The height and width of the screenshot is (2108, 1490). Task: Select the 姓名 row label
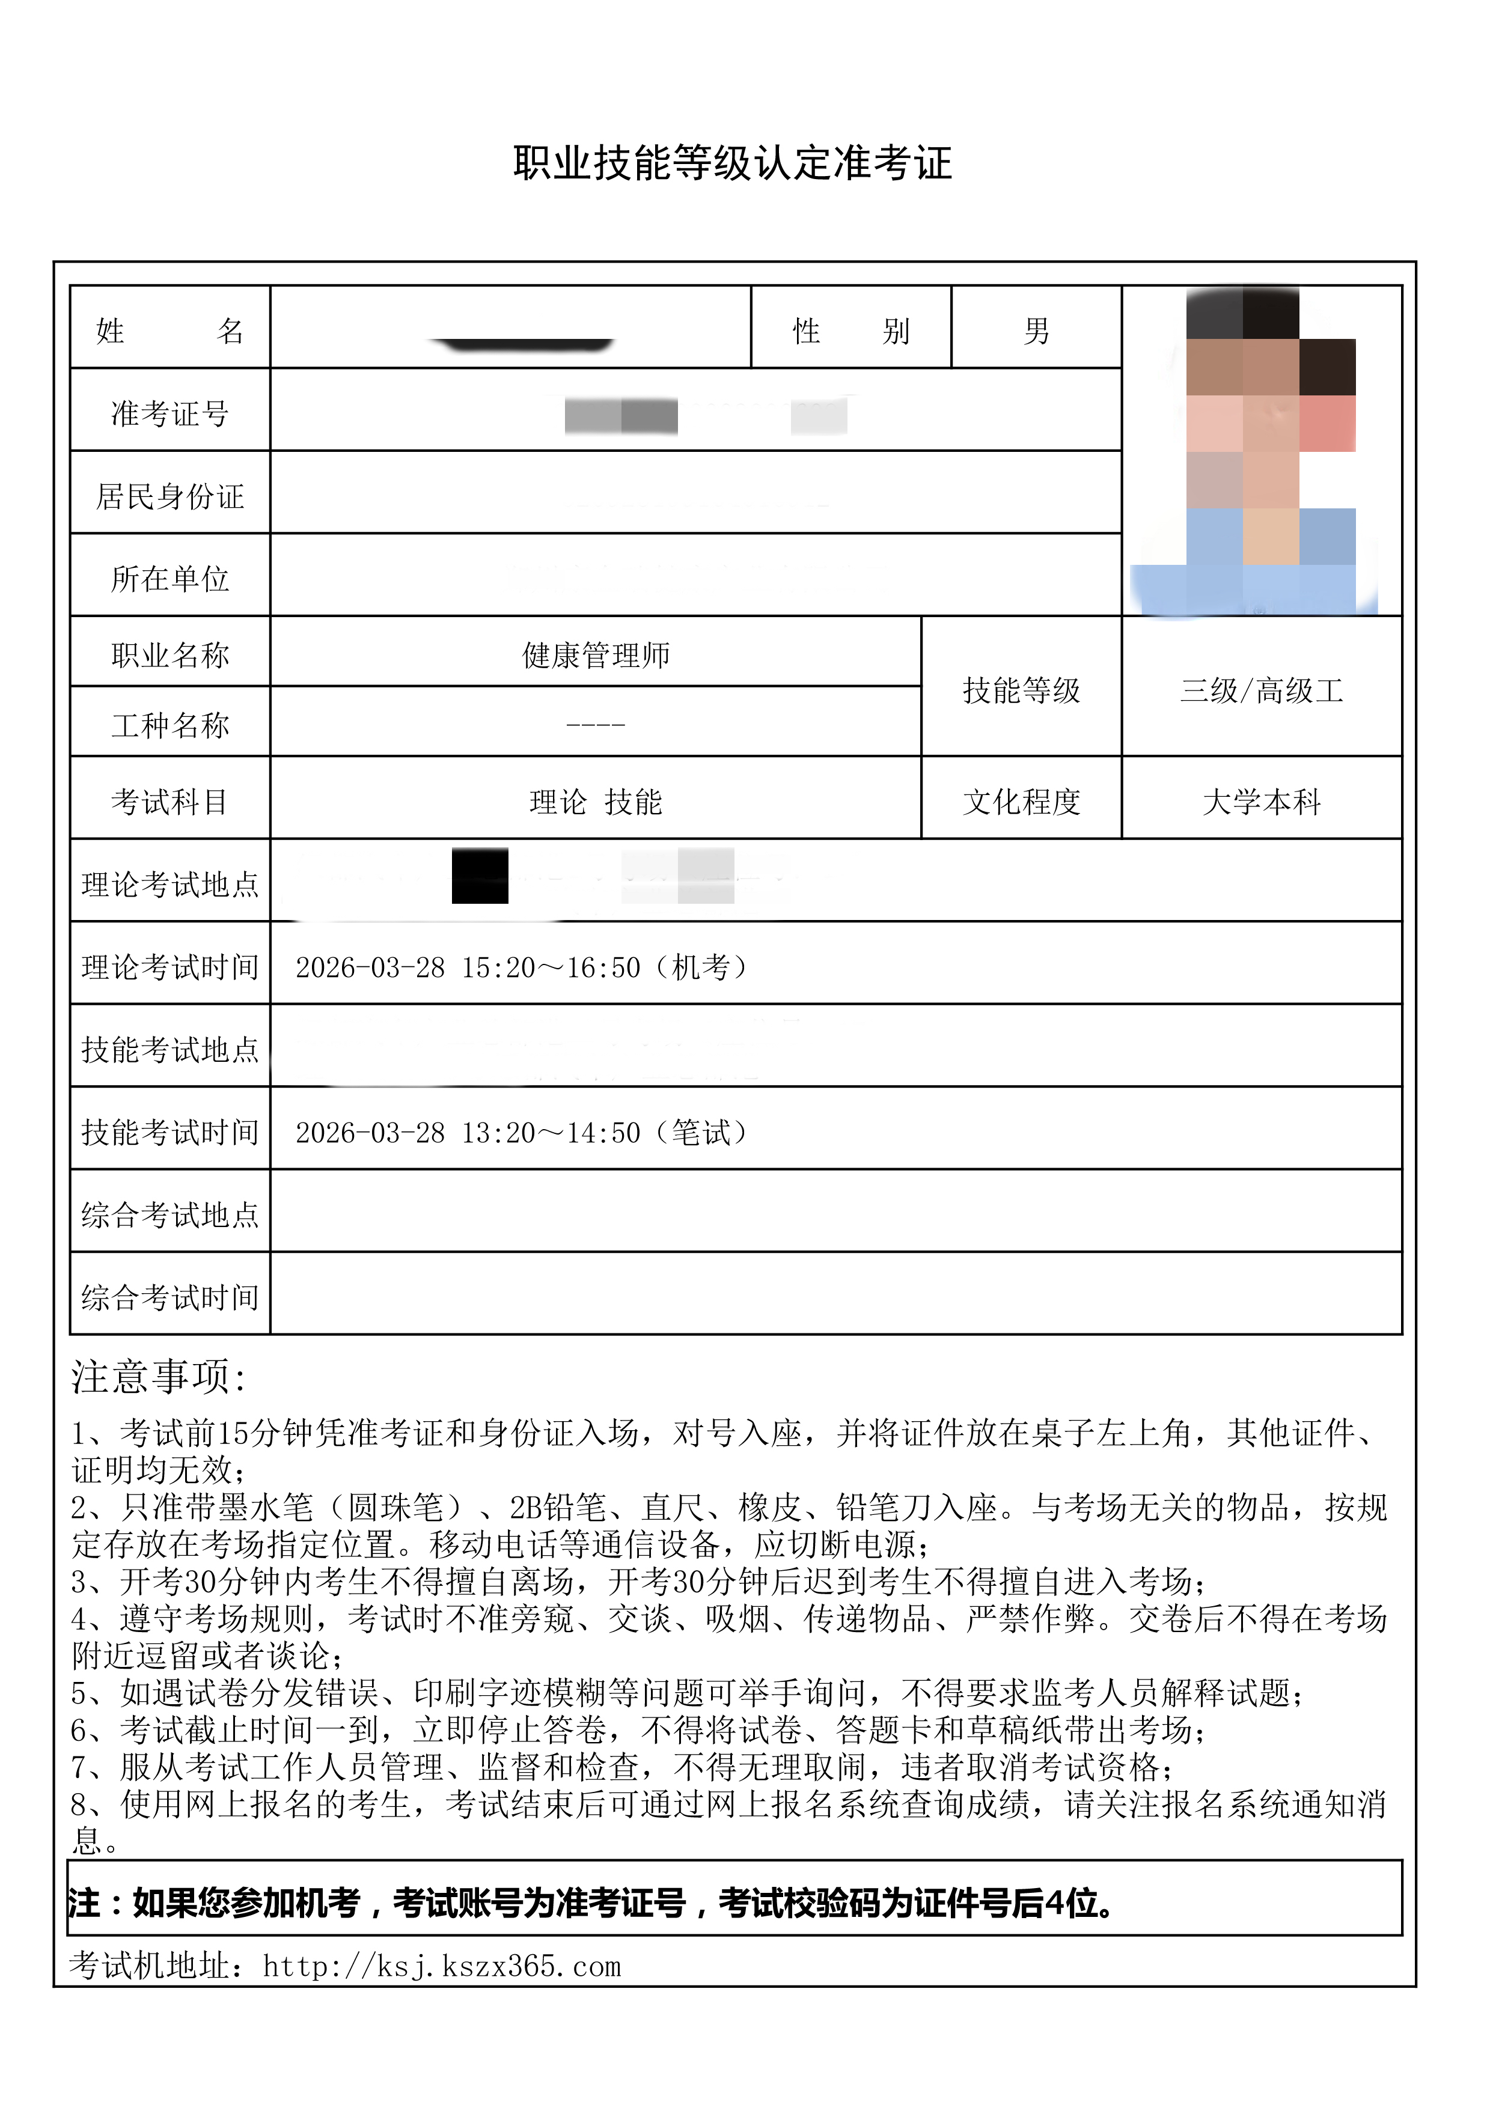(x=170, y=331)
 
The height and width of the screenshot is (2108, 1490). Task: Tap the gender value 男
(x=1036, y=331)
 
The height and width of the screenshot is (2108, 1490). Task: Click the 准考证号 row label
(x=170, y=413)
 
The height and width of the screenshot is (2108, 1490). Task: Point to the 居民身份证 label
(x=170, y=496)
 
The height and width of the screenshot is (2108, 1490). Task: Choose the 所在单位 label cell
(x=170, y=579)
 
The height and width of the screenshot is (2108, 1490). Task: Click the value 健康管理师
(x=596, y=654)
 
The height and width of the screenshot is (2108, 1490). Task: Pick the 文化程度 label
(x=1021, y=802)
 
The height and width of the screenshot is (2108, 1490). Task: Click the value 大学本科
(x=1262, y=802)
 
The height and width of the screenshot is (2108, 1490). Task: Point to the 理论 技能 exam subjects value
(x=596, y=802)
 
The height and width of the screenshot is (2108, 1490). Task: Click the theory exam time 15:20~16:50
(x=550, y=967)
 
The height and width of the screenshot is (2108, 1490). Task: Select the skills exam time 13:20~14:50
(x=550, y=1132)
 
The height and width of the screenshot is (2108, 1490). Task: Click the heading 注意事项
(x=158, y=1377)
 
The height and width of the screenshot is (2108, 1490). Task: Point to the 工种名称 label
(x=170, y=725)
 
